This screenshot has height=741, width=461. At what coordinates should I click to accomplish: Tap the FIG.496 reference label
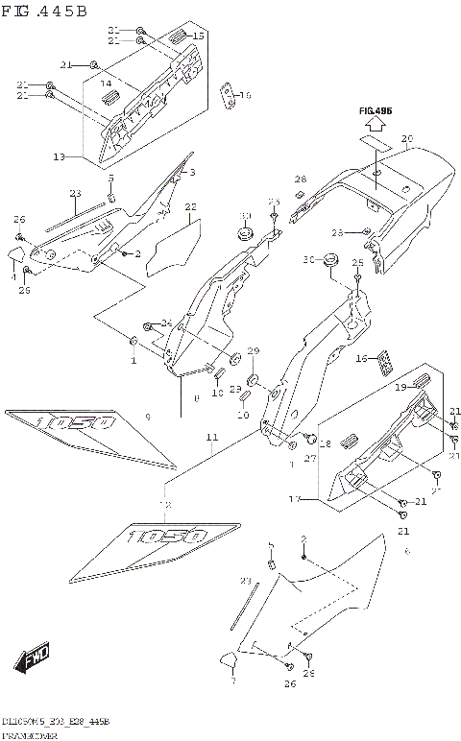376,111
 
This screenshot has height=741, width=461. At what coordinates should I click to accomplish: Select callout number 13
60,155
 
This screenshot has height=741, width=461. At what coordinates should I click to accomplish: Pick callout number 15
199,36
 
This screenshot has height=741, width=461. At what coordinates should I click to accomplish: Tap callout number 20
406,140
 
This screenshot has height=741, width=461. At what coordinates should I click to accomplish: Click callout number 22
190,206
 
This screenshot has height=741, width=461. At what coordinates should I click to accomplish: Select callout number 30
308,260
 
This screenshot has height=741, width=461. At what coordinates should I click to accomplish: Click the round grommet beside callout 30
332,258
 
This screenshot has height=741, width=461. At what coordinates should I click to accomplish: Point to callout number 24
166,323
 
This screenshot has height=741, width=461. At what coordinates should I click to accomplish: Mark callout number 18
325,444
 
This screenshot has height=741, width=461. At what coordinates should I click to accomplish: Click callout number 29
254,350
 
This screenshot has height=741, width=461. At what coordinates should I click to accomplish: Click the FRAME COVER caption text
30,734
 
